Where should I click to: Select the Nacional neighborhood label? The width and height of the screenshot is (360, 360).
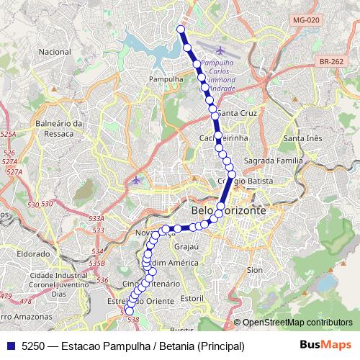(x=55, y=53)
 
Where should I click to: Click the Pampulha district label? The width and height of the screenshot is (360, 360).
(x=162, y=78)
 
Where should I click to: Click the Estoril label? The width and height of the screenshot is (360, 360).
(x=192, y=297)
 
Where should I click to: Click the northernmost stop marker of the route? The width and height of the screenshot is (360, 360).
(x=181, y=30)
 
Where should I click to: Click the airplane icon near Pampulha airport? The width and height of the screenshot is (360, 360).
(x=219, y=50)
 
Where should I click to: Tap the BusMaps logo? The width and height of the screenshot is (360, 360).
(x=325, y=346)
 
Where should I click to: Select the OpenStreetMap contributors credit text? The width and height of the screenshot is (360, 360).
(x=297, y=323)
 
